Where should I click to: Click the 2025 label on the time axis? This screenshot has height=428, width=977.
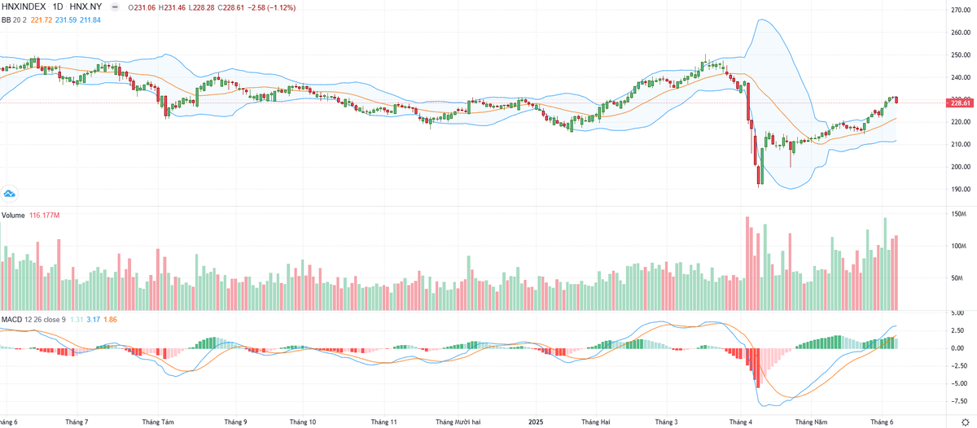click(536, 422)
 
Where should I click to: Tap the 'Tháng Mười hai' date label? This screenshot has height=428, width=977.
click(459, 422)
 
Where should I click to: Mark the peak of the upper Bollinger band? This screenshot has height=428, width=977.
click(763, 20)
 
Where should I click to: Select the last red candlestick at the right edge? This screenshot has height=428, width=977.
click(896, 100)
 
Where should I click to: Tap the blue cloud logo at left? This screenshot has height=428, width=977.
click(10, 194)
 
